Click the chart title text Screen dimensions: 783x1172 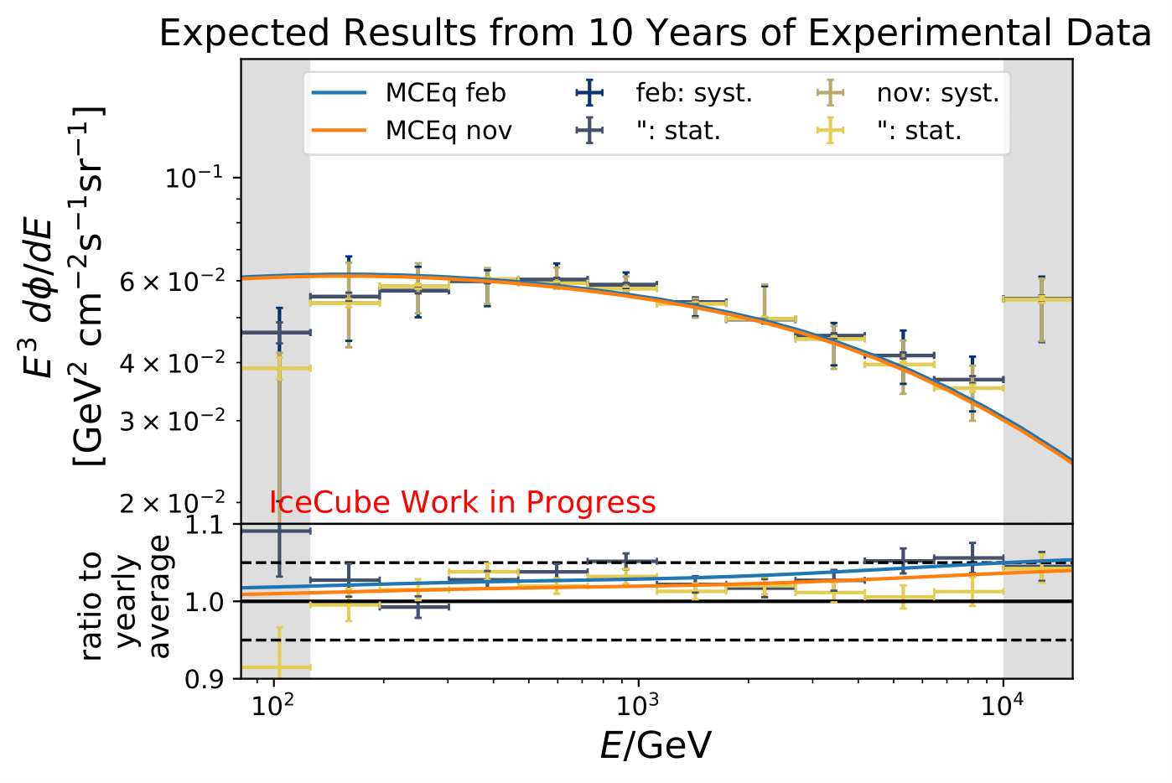655,34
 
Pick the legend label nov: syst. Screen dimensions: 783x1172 937,93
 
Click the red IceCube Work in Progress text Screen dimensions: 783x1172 463,502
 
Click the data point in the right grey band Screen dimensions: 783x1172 1040,298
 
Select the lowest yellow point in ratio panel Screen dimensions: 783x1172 279,667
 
